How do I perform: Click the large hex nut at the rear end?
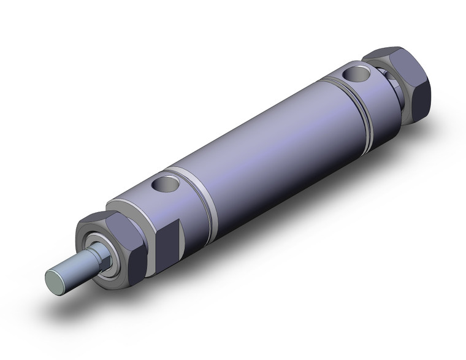coord(405,86)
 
